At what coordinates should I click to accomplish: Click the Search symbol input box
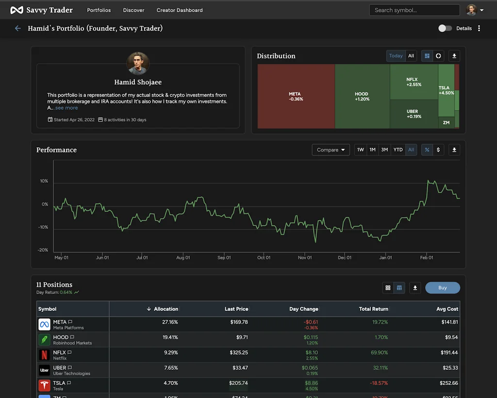tap(414, 10)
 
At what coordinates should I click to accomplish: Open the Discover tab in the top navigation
tap(133, 10)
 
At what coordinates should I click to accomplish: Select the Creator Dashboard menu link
tap(180, 10)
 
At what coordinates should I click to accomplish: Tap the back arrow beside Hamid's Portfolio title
tap(18, 28)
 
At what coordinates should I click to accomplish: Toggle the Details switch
tap(445, 28)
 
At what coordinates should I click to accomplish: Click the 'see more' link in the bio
tap(66, 108)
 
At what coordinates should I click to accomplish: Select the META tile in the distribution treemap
tap(296, 96)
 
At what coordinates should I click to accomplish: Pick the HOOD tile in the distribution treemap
tap(362, 96)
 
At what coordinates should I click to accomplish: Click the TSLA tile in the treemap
tap(446, 90)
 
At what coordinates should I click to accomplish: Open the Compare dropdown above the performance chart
tap(331, 150)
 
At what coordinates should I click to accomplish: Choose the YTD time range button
tap(398, 150)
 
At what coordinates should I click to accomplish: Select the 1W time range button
tap(361, 150)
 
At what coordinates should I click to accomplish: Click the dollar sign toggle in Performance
tap(438, 150)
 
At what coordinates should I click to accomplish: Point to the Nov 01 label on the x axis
tap(305, 258)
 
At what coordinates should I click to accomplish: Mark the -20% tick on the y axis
tap(43, 250)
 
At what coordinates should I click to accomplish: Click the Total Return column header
tap(373, 309)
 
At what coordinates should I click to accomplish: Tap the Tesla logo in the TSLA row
tap(44, 386)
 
